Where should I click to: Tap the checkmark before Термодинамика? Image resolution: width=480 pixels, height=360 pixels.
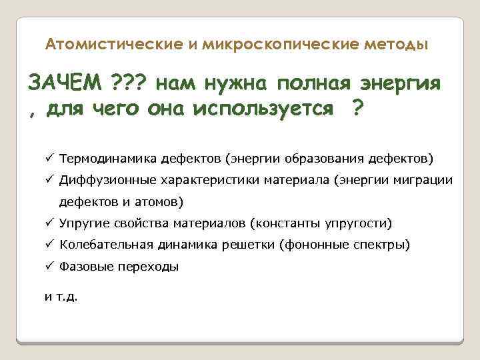click(49, 159)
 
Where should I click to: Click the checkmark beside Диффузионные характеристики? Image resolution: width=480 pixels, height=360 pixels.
click(49, 180)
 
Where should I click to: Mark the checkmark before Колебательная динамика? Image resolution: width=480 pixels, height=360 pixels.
click(49, 244)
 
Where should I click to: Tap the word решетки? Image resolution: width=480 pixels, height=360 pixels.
click(251, 244)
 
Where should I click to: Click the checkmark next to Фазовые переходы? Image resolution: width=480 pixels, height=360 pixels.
click(49, 265)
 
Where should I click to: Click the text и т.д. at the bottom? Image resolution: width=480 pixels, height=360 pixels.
click(61, 297)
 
